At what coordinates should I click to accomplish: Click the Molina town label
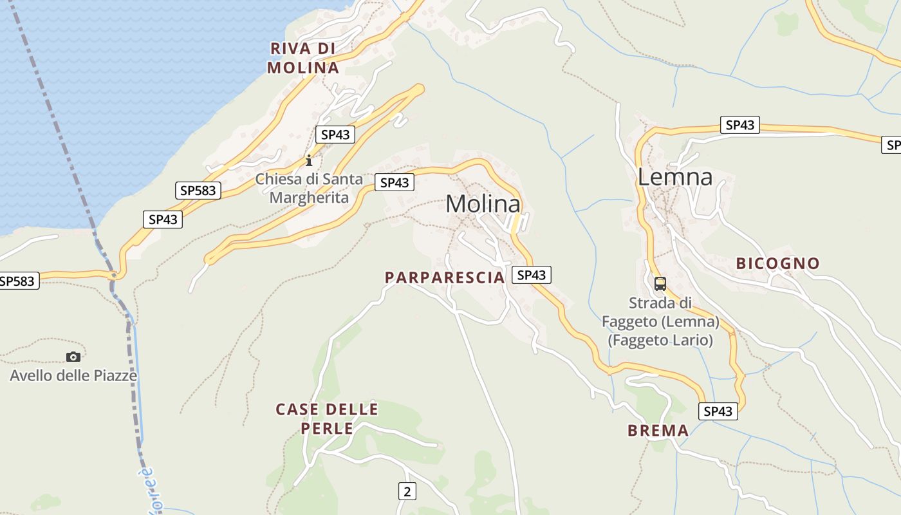(483, 204)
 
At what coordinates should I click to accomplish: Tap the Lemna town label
(675, 177)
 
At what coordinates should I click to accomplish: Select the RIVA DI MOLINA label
(303, 58)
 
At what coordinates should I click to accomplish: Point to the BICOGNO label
(777, 263)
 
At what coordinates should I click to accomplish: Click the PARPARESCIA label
(444, 277)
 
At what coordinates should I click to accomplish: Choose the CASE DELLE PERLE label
(327, 418)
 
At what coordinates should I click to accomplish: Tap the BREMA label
(658, 431)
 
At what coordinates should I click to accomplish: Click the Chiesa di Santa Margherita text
(309, 188)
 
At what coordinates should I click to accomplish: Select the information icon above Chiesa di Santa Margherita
(309, 160)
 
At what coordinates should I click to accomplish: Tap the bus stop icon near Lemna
(660, 284)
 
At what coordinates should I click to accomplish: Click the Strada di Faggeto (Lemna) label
(660, 321)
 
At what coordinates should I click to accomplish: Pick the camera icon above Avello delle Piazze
(73, 357)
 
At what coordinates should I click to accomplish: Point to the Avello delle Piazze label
(73, 375)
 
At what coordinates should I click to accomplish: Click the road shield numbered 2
(407, 492)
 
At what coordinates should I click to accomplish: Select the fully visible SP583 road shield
(198, 191)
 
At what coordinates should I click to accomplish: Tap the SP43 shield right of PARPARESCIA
(532, 275)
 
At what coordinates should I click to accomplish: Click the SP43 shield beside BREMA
(718, 411)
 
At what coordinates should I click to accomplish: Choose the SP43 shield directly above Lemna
(740, 125)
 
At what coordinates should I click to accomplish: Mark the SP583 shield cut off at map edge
(18, 281)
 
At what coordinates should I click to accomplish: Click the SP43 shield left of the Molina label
(395, 183)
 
